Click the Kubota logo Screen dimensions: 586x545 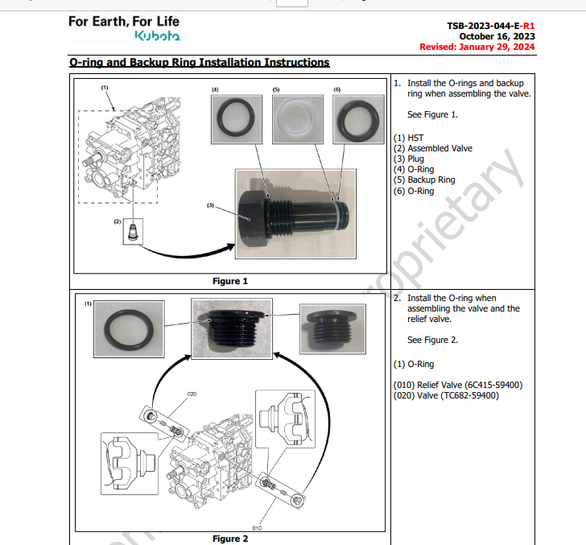click(x=158, y=36)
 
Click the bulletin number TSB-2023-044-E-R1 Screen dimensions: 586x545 click(x=491, y=26)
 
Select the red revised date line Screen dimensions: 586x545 click(x=477, y=47)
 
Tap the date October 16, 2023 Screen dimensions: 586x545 click(x=497, y=36)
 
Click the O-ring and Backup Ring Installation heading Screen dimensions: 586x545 click(x=200, y=63)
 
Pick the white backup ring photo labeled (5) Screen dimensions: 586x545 click(x=298, y=119)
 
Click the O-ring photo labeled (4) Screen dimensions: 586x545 click(x=237, y=119)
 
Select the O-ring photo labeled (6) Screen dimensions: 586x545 click(x=358, y=119)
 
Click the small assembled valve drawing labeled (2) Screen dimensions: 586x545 click(x=133, y=232)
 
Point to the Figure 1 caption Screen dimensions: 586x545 click(x=230, y=281)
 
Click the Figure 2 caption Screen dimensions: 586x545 click(x=230, y=539)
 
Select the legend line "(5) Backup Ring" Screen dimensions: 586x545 click(x=424, y=180)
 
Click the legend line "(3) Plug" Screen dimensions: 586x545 click(x=409, y=159)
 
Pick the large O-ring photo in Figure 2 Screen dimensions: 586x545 click(x=129, y=329)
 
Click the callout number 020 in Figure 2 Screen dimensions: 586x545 click(x=192, y=394)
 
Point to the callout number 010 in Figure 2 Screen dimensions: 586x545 click(x=257, y=528)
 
